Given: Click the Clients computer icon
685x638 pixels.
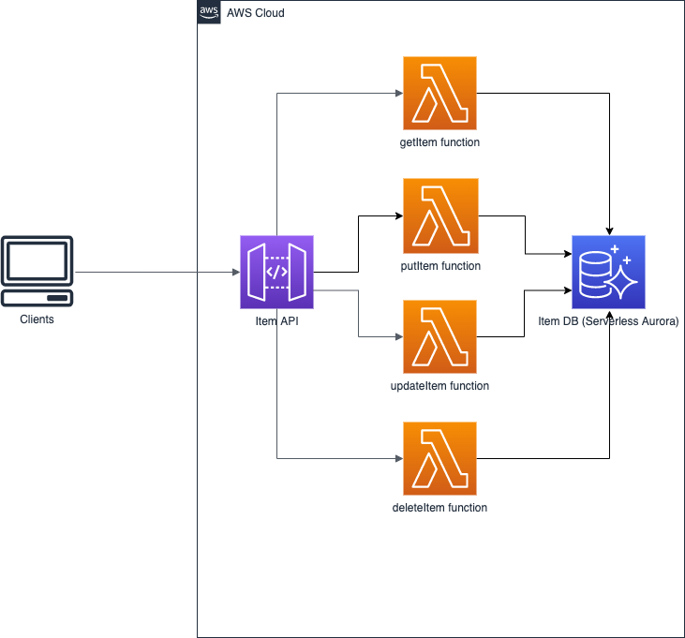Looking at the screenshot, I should (37, 271).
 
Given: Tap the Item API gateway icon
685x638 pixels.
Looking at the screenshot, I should (276, 272).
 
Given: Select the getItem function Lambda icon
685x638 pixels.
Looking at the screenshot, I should (439, 94).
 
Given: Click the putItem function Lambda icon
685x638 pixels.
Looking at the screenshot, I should (439, 216).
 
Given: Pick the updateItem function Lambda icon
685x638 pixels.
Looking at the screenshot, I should (439, 336).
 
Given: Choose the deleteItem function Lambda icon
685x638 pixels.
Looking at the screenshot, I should (439, 458).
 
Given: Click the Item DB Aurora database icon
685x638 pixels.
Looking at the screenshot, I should (609, 272).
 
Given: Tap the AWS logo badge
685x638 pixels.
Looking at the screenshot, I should (209, 12).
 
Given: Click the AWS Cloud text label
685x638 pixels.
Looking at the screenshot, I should (255, 13).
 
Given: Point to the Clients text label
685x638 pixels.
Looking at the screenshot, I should (37, 319).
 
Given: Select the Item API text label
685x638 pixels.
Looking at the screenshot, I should (276, 322).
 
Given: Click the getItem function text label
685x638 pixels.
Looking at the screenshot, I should (439, 143).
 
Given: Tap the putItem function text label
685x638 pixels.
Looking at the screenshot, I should (439, 266).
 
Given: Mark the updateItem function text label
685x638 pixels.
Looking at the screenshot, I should (439, 386).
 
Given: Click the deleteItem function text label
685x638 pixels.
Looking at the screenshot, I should (439, 508).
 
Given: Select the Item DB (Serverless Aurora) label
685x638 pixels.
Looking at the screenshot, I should (608, 321).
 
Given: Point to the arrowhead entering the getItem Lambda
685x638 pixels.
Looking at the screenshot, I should (398, 94).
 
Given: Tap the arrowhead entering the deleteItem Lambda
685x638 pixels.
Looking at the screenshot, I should (398, 458).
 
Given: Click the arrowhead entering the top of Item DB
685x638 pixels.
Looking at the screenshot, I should (610, 230).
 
